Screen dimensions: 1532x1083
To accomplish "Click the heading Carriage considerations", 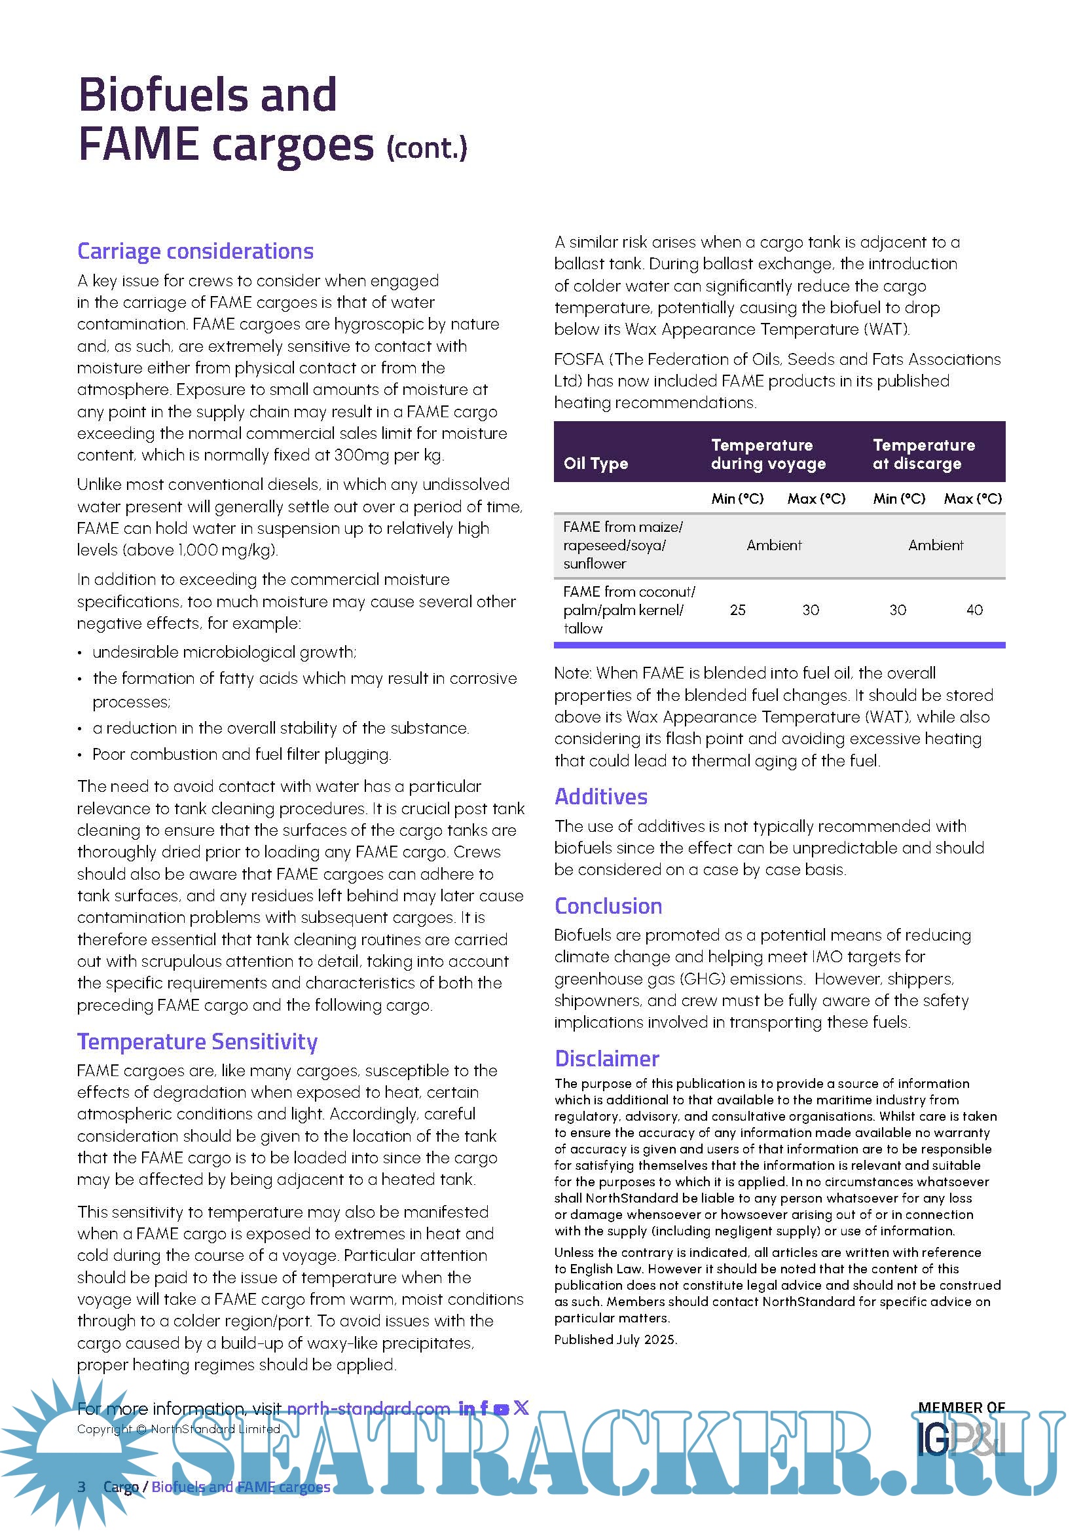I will [x=194, y=252].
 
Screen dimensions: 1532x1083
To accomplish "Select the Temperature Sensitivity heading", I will [x=196, y=1041].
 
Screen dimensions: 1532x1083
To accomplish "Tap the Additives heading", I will [x=601, y=796].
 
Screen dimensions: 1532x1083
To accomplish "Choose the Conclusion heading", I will [x=608, y=906].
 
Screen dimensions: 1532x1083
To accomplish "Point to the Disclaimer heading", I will [x=607, y=1059].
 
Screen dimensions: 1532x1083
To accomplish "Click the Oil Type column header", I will [x=595, y=464].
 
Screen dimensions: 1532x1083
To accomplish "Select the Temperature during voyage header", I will [x=767, y=455].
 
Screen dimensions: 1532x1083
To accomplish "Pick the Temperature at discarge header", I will [x=924, y=455].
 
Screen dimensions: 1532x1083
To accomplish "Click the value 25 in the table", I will [x=737, y=610].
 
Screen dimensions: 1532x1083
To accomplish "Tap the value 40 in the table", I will [x=974, y=610].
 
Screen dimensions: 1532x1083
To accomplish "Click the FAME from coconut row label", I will [x=628, y=610].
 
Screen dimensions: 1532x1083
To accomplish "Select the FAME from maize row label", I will [x=622, y=545].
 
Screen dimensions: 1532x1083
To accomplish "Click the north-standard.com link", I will [x=368, y=1409].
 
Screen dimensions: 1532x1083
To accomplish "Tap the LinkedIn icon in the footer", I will [x=467, y=1409].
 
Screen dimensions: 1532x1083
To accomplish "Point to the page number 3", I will [x=81, y=1487].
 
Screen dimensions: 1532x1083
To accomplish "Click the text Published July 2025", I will [x=615, y=1339].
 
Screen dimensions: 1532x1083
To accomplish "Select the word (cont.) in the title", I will [x=427, y=148].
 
